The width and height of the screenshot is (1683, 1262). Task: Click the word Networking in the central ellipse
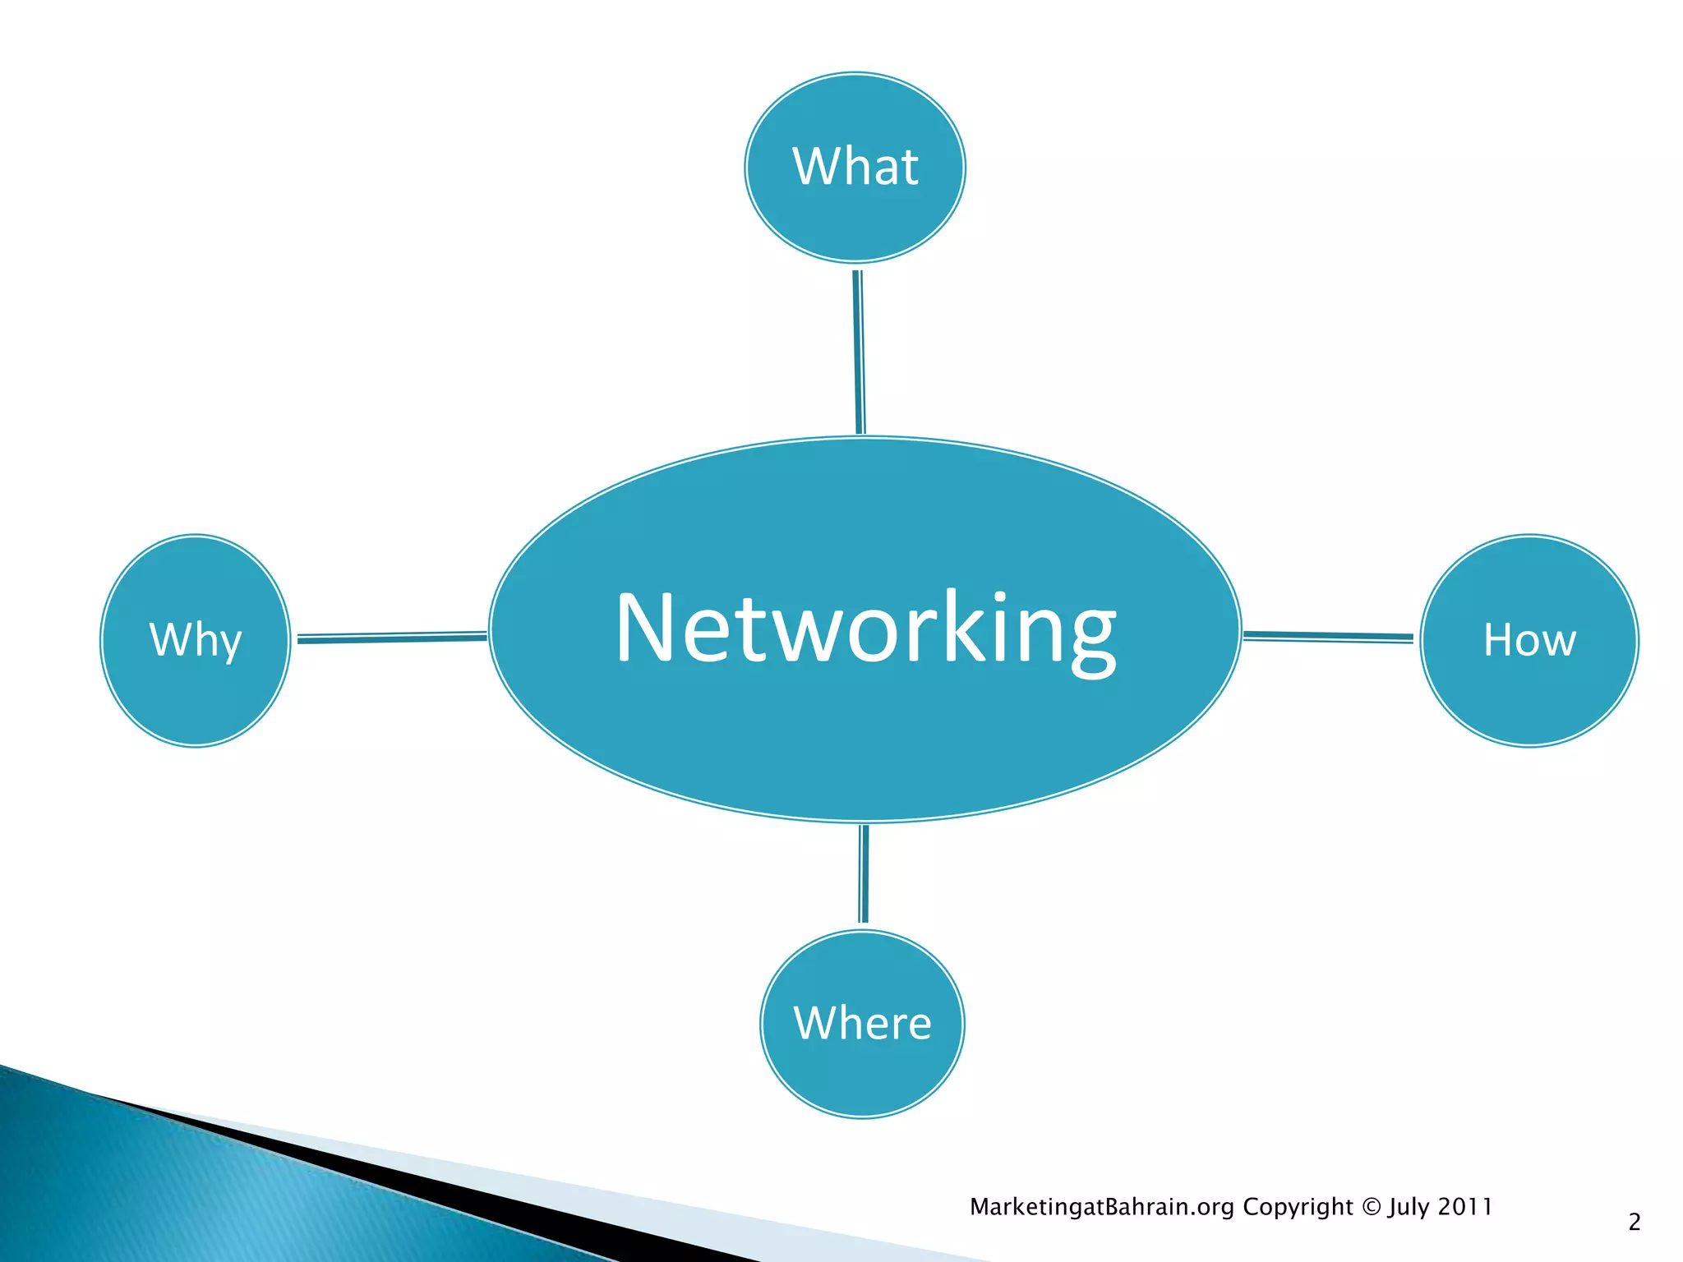click(x=865, y=629)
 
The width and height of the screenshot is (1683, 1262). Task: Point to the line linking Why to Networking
click(x=391, y=638)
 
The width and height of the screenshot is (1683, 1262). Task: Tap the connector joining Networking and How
click(x=1327, y=636)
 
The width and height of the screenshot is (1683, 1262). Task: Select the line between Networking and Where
click(x=864, y=874)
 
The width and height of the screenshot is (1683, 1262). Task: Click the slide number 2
click(x=1635, y=1223)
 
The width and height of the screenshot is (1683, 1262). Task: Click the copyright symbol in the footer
click(x=1371, y=1207)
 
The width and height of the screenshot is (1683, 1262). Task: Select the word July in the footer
click(x=1409, y=1208)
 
